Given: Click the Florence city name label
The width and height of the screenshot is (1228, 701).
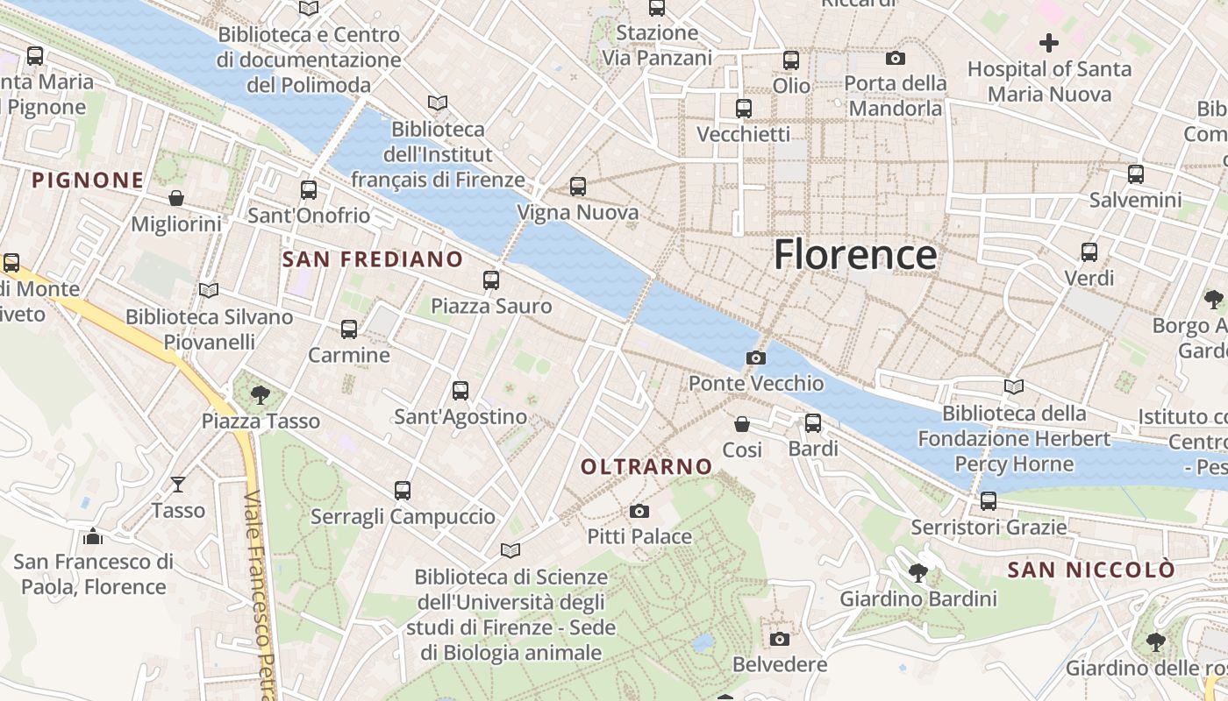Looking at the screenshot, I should [855, 255].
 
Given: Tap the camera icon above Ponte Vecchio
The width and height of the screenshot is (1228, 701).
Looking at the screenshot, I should [755, 358].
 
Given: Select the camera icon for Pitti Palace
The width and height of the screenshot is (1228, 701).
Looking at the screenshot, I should [639, 511].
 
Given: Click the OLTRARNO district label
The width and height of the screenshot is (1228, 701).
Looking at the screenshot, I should [646, 467].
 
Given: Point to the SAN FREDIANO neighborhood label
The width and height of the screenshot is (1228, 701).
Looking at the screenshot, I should [373, 259].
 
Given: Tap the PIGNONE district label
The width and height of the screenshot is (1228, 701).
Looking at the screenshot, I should [88, 181].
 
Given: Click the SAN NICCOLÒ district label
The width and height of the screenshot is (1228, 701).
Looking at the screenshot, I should [1090, 570].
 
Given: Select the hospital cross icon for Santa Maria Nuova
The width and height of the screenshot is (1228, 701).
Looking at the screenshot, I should [1048, 42].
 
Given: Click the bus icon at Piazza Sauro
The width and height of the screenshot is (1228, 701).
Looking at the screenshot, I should [491, 280].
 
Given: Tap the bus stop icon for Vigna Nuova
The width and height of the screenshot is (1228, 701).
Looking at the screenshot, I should [577, 187].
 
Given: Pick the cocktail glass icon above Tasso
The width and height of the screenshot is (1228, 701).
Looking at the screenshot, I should [178, 484].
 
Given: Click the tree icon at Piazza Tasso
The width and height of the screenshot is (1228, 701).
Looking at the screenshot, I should [260, 395].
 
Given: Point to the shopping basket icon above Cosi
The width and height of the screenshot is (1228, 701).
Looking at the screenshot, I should [742, 424].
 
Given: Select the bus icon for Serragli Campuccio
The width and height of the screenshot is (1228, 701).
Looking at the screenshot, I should [403, 491].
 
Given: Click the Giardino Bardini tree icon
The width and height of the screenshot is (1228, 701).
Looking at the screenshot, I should [918, 573].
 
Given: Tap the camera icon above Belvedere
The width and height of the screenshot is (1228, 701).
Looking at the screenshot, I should [779, 639].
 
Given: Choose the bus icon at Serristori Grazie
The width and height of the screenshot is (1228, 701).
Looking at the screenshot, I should [989, 501].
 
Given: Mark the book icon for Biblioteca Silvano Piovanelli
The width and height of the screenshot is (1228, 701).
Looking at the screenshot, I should [209, 290].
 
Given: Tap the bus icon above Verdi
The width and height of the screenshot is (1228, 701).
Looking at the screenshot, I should [1089, 252].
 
